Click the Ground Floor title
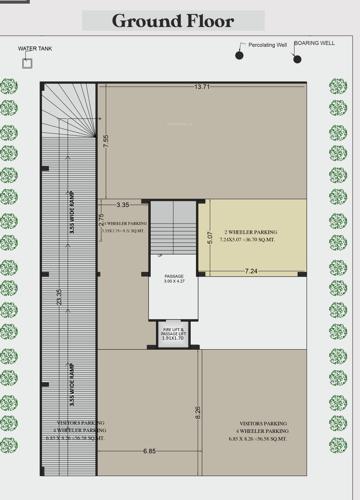[x=172, y=20]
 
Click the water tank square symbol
[x=27, y=63]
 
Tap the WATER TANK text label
[x=33, y=48]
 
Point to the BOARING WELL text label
[x=314, y=43]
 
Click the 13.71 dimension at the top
[x=203, y=88]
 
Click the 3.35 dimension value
[x=123, y=204]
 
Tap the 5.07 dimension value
[x=209, y=237]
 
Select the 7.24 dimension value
[x=250, y=271]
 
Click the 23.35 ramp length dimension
[x=59, y=297]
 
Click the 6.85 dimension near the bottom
[x=148, y=451]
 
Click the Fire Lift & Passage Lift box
[x=174, y=334]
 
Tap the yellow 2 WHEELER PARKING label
[x=252, y=236]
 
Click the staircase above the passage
[x=174, y=225]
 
